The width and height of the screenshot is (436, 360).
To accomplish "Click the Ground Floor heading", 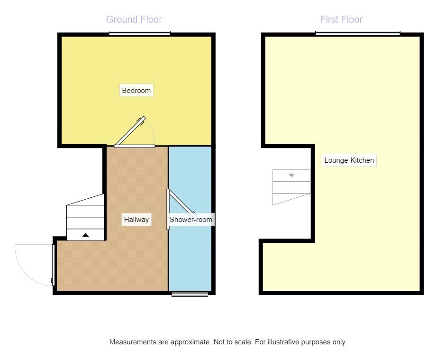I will (134, 19).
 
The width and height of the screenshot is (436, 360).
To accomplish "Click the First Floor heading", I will (341, 19).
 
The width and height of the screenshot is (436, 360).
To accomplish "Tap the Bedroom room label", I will (136, 91).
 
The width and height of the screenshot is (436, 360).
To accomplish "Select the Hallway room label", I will (136, 220).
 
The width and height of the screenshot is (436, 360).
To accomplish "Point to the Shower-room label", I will (191, 220).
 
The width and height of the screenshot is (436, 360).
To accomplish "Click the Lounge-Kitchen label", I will (349, 160).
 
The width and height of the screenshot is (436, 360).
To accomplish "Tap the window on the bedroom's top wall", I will (140, 33).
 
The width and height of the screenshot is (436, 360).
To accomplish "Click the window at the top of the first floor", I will (358, 33).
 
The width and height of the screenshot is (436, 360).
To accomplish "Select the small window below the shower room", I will (190, 295).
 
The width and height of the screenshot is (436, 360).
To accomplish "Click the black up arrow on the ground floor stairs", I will (85, 235).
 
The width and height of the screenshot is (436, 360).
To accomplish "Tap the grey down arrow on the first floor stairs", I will (291, 175).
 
